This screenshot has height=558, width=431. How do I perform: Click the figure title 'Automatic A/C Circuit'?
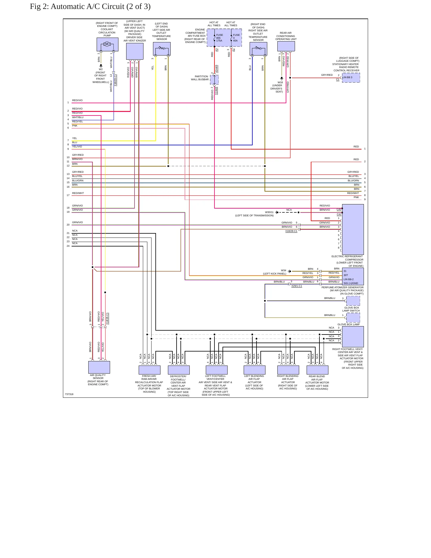click(x=101, y=7)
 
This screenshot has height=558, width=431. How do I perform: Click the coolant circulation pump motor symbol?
click(x=107, y=44)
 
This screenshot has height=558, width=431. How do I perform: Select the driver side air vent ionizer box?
click(x=135, y=51)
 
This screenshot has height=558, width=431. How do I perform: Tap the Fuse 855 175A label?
click(x=220, y=38)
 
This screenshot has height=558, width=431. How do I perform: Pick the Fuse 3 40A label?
click(x=236, y=38)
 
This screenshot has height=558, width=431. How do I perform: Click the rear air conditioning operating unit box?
click(x=286, y=46)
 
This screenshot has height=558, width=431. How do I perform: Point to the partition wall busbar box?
click(x=214, y=80)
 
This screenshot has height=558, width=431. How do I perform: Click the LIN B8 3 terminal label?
click(x=347, y=77)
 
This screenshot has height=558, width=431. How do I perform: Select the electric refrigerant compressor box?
click(x=353, y=229)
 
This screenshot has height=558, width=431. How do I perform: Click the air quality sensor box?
click(x=99, y=367)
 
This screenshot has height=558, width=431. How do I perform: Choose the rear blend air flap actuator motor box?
click(x=317, y=370)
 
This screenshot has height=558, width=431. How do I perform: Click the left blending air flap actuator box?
click(x=254, y=370)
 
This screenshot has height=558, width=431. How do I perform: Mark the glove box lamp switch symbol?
click(x=353, y=301)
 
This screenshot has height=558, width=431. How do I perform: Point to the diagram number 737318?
click(x=69, y=394)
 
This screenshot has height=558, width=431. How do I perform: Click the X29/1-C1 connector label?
click(x=296, y=286)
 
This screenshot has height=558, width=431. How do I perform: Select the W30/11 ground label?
click(x=269, y=212)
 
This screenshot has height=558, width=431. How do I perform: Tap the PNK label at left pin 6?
click(x=75, y=126)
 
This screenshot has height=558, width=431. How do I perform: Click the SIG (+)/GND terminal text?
click(x=351, y=283)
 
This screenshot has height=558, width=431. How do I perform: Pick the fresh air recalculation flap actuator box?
click(x=149, y=370)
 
